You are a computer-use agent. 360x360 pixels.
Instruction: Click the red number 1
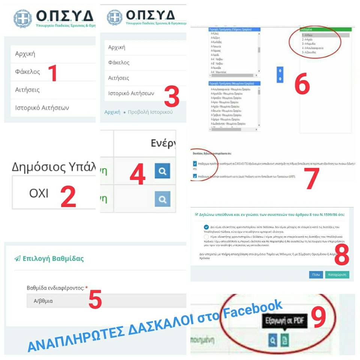tap(54, 73)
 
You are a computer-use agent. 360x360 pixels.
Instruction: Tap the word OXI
tap(39, 193)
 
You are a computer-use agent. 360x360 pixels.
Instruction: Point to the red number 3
tap(171, 97)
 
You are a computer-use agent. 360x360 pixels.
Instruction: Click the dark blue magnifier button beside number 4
tap(162, 171)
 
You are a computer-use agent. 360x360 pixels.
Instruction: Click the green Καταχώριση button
tap(337, 274)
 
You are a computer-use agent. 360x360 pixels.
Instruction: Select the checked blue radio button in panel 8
tap(206, 227)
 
